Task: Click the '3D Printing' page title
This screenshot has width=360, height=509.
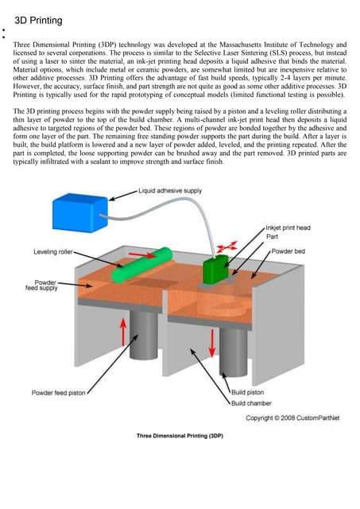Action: (x=38, y=21)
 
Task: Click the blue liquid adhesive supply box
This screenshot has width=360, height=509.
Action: (x=79, y=212)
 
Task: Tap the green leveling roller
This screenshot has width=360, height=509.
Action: (x=141, y=265)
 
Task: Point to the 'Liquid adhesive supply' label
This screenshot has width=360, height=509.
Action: (x=170, y=191)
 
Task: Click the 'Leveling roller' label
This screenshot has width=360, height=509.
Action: (x=53, y=251)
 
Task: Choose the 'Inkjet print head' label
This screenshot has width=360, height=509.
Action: (x=288, y=227)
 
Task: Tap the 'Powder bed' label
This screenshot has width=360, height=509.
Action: (x=288, y=251)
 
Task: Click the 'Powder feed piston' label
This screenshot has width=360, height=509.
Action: (x=58, y=392)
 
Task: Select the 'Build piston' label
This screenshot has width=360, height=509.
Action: (x=247, y=392)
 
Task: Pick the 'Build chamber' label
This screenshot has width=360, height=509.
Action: (x=251, y=403)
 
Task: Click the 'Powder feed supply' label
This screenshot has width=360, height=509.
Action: (x=41, y=285)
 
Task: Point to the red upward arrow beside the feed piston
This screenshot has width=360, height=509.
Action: (x=123, y=332)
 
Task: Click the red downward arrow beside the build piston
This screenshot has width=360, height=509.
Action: (x=212, y=343)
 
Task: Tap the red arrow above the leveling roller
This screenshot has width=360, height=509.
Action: (x=141, y=254)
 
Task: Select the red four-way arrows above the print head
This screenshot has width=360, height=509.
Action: (x=227, y=247)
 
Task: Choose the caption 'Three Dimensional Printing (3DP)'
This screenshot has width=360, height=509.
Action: (x=180, y=436)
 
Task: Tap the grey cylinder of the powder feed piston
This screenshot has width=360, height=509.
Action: (x=144, y=334)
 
